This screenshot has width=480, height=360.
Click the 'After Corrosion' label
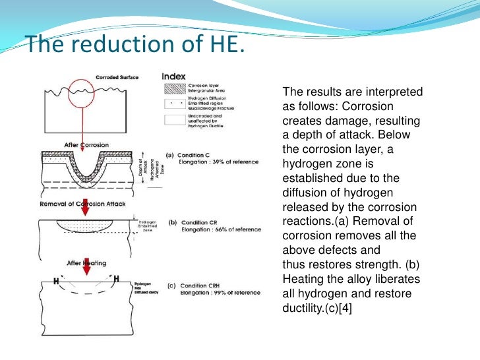pos(86,144)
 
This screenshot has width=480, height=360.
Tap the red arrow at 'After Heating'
pos(86,266)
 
